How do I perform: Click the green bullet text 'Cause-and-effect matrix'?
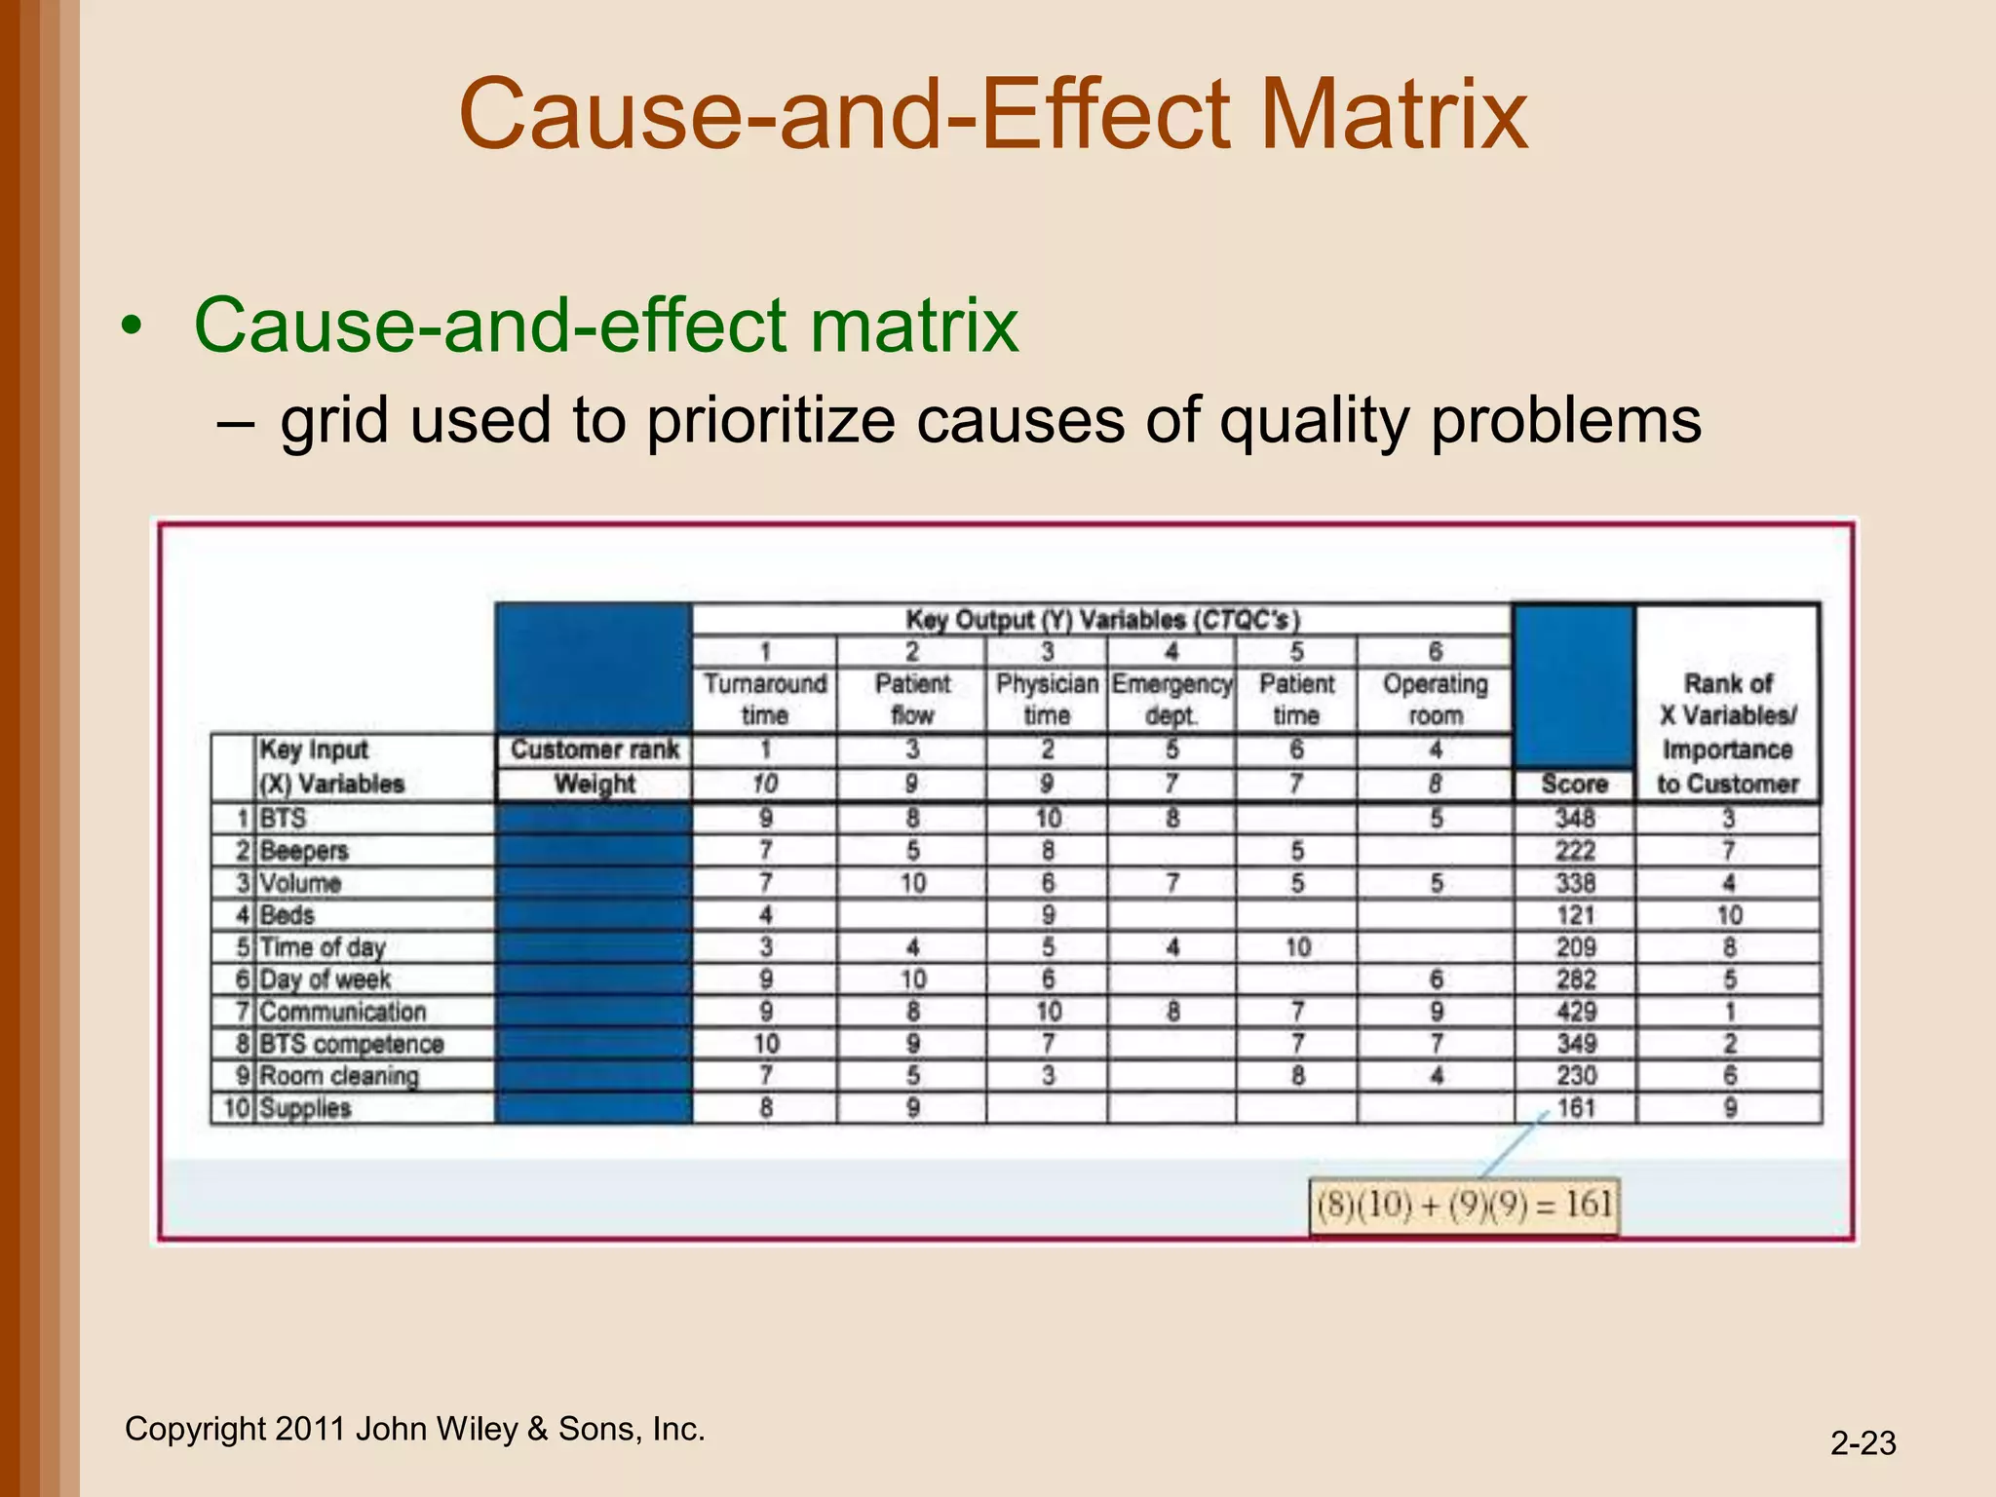[x=606, y=325]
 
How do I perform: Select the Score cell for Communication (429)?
[x=1575, y=1012]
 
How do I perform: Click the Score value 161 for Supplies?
[x=1575, y=1108]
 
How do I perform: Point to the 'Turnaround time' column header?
[x=765, y=699]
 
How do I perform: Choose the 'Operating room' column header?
[x=1435, y=699]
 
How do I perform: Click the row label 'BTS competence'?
[x=351, y=1044]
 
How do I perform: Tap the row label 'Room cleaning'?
[x=339, y=1076]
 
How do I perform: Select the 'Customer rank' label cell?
[x=595, y=749]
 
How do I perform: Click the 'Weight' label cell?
[x=595, y=784]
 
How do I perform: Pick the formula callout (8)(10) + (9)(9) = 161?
[x=1464, y=1206]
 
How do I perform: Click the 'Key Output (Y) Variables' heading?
[x=1102, y=620]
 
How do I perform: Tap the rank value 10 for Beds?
[x=1729, y=915]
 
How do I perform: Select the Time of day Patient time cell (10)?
[x=1296, y=947]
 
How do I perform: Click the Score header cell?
[x=1574, y=784]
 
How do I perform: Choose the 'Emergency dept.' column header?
[x=1171, y=699]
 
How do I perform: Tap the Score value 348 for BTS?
[x=1575, y=818]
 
